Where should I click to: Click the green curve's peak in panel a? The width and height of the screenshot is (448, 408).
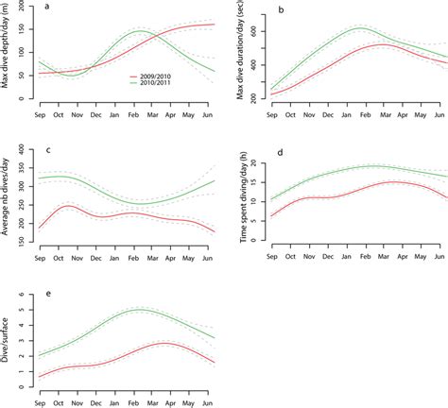tap(138, 31)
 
